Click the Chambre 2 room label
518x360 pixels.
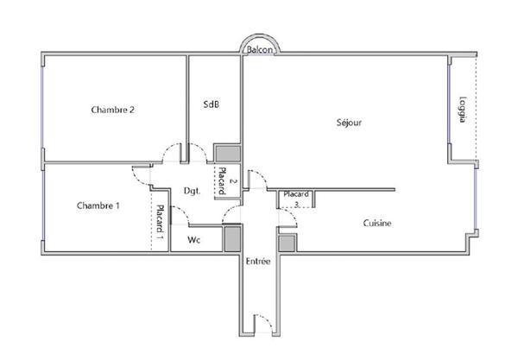pos(112,110)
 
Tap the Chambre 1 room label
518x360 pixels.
pos(98,205)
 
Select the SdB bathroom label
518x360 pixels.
pos(212,104)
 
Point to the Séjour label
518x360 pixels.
pos(349,123)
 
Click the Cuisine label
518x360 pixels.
pos(377,224)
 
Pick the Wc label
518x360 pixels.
pos(194,240)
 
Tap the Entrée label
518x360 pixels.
pos(258,262)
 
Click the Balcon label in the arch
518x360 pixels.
pos(260,50)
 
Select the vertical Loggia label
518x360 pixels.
pos(463,110)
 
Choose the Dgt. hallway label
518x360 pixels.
pos(192,191)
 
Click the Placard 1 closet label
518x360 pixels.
pos(160,222)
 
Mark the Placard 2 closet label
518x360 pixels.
pos(224,181)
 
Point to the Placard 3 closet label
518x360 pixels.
pos(296,199)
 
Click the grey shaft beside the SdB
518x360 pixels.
pos(228,154)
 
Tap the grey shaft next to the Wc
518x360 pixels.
pos(232,239)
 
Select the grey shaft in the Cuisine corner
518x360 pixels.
pos(287,243)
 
